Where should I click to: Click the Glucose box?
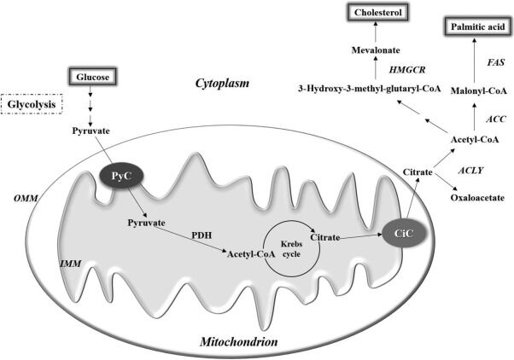91,75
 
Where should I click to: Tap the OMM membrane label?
21,198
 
